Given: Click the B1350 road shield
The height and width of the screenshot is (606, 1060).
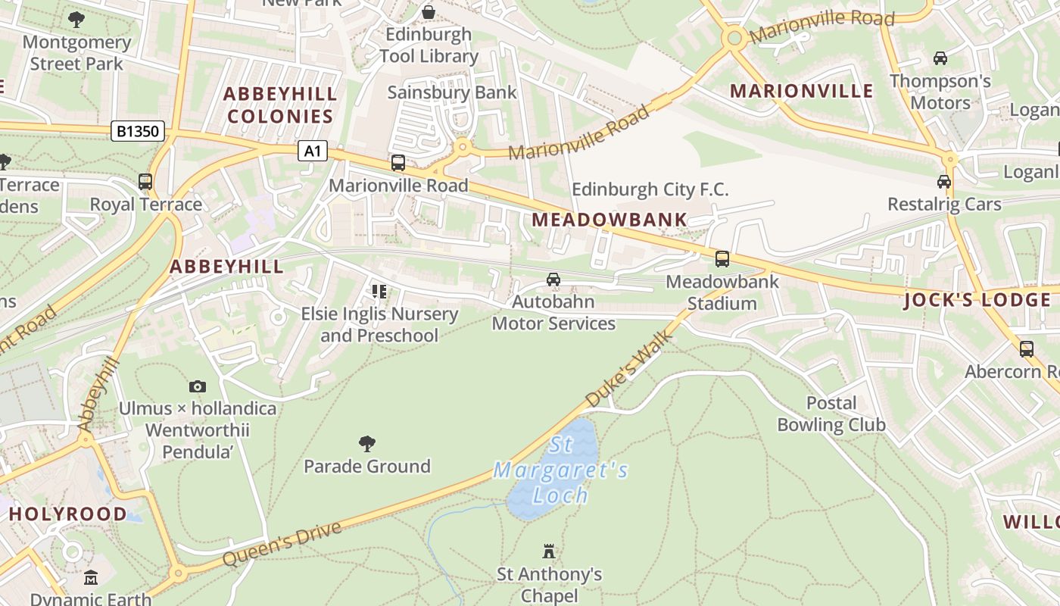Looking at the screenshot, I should coord(138,131).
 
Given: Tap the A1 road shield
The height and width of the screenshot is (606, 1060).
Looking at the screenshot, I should coord(312,151).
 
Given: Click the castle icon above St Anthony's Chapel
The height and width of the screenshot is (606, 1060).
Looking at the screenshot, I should coord(549,551).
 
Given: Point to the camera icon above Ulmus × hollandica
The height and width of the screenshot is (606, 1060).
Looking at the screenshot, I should coord(198,386).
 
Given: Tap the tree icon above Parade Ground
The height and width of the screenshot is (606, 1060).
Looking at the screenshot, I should coord(367,443).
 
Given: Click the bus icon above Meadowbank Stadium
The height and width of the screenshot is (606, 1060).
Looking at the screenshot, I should coord(722,259).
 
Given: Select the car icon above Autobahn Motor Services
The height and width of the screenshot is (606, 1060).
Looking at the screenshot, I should coord(553,280).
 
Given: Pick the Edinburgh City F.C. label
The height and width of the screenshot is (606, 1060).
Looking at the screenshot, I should coord(650,189).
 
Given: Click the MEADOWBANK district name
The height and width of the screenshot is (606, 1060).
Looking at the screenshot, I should coord(609,220).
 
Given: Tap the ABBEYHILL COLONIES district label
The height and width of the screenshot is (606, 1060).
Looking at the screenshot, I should coord(280,105).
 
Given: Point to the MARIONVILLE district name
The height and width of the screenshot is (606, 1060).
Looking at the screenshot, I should coord(801,92).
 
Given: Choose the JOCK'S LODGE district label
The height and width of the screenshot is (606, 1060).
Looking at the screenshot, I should coord(977,300).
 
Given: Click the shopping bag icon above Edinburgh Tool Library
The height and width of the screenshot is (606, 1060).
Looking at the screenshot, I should coord(429,12).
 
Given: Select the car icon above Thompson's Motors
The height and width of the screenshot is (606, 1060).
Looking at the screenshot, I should coord(940,58).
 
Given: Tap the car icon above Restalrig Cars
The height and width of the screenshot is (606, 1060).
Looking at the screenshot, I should coord(944,182).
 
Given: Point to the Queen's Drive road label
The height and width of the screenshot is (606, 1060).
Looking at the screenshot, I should coord(282,542).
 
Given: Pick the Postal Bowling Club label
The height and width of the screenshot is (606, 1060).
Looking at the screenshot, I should coord(831,414).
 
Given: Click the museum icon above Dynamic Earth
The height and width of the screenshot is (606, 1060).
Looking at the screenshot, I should coord(91,578).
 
